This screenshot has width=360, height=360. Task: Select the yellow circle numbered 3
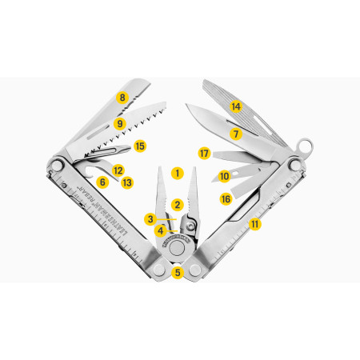(x=150, y=218)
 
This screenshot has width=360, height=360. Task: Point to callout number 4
(x=160, y=230)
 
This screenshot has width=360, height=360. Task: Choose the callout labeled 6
(x=102, y=182)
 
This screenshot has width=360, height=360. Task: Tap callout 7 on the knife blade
(x=235, y=134)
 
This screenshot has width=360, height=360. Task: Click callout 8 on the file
(x=122, y=98)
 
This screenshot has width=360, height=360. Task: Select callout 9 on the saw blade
(x=119, y=124)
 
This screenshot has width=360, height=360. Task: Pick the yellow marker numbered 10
(x=225, y=175)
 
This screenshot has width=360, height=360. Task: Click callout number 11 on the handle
(x=255, y=224)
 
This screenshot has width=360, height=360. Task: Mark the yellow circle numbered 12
(x=118, y=170)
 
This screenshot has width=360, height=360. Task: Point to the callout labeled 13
(x=127, y=182)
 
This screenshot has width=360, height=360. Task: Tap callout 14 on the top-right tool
(x=235, y=106)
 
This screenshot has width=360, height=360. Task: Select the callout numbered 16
(x=226, y=198)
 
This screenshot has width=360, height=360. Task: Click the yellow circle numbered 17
(x=204, y=152)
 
